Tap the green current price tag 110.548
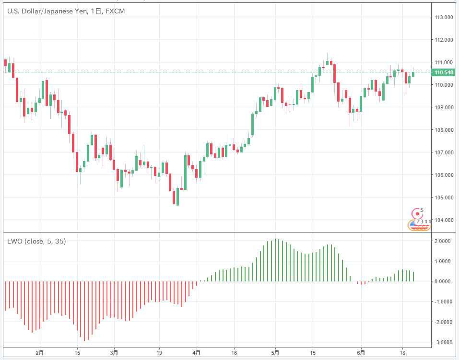[443, 72]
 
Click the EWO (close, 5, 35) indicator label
[36, 241]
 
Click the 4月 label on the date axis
[196, 353]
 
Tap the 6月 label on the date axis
[364, 353]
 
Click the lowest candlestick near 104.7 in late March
[177, 197]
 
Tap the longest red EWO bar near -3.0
[84, 311]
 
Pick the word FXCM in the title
[115, 11]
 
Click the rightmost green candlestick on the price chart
[413, 74]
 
